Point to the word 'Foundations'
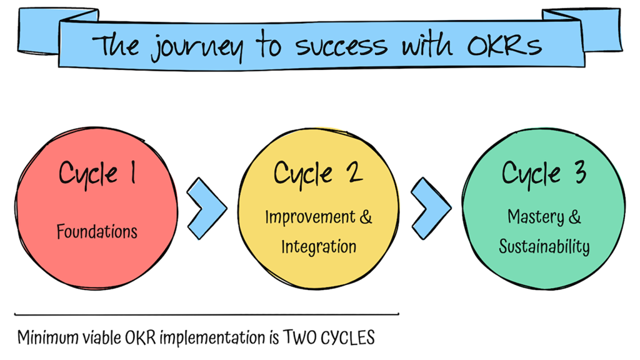click(x=97, y=232)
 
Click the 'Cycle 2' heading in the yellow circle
click(x=318, y=173)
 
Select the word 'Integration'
click(x=319, y=246)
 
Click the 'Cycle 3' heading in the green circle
click(x=544, y=173)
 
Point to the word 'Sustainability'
click(x=544, y=246)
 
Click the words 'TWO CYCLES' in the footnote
click(x=329, y=338)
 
